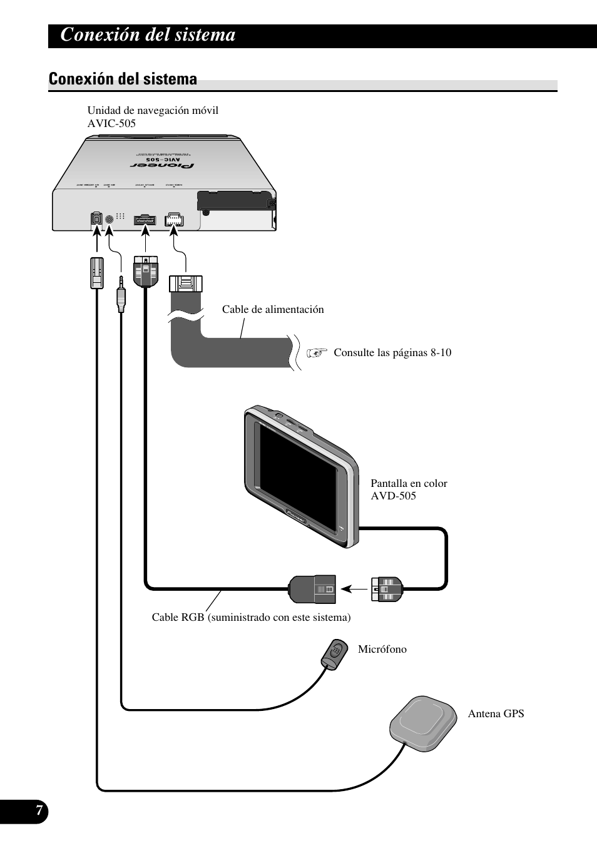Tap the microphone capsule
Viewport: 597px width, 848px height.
tap(335, 653)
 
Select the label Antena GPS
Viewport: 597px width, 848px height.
tap(496, 713)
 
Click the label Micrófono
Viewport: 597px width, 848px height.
tap(382, 650)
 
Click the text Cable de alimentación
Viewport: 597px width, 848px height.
tap(273, 309)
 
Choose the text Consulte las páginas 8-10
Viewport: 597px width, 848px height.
tap(392, 352)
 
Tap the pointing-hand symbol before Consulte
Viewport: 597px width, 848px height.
tap(317, 353)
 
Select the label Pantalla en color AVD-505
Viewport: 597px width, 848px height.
tap(409, 489)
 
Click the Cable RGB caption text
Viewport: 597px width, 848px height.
tap(251, 618)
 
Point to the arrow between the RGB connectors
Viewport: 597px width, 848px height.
tap(357, 589)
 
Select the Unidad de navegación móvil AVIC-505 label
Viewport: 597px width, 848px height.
tap(153, 117)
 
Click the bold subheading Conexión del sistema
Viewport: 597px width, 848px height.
tap(123, 79)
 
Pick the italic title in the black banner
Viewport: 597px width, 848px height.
tap(148, 35)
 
